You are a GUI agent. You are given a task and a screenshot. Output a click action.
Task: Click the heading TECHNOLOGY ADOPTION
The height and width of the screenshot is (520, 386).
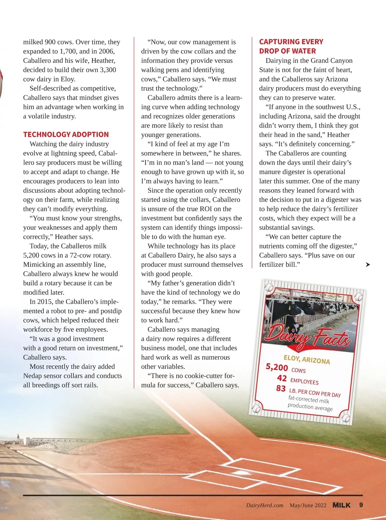(66, 135)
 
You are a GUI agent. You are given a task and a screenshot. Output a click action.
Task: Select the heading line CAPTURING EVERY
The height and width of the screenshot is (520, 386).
(291, 42)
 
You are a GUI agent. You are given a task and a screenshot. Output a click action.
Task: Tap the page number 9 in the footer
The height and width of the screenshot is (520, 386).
(361, 505)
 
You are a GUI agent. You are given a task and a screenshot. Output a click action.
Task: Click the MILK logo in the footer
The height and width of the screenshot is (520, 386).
(341, 505)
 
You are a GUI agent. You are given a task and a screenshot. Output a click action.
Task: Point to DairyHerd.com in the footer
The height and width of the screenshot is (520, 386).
(265, 505)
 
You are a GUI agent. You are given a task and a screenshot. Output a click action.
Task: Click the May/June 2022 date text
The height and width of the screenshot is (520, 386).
(308, 505)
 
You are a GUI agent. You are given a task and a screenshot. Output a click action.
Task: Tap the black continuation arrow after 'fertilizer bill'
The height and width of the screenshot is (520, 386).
(368, 264)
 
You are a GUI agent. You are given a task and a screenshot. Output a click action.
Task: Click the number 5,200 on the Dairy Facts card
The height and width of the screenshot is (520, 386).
(277, 367)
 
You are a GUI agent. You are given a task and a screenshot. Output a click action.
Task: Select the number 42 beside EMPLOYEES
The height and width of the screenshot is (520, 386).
(282, 378)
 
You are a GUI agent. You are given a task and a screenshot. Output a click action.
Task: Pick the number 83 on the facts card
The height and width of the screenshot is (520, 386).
(281, 389)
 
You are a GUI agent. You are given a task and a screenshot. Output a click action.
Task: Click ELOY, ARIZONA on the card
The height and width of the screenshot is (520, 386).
(307, 360)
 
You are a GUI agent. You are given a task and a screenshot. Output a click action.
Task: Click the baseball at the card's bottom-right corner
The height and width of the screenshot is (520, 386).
(345, 418)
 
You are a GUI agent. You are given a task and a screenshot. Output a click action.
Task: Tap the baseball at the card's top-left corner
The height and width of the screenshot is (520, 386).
(269, 287)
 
